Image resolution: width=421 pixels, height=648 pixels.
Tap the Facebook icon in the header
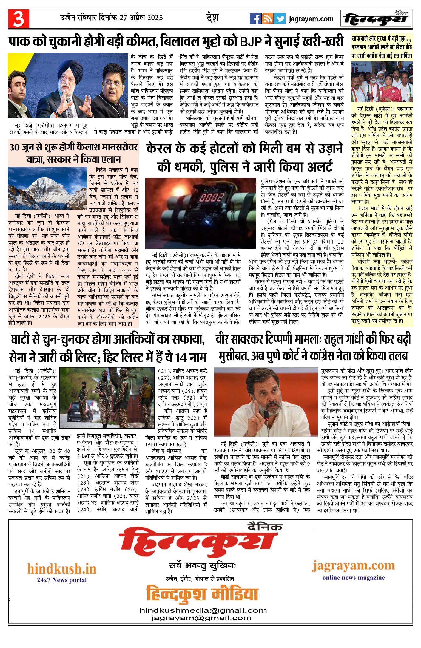tap(255, 19)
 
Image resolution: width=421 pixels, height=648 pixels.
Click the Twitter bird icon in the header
tap(280, 19)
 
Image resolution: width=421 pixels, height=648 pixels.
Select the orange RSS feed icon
tap(267, 19)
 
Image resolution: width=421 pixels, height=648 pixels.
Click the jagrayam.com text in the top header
tap(311, 19)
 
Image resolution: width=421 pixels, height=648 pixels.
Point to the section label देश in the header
tap(213, 18)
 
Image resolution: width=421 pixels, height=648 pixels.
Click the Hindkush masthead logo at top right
tap(376, 19)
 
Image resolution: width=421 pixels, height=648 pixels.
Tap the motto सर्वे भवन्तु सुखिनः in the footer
tap(203, 566)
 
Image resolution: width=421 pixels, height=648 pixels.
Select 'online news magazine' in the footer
tap(354, 578)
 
